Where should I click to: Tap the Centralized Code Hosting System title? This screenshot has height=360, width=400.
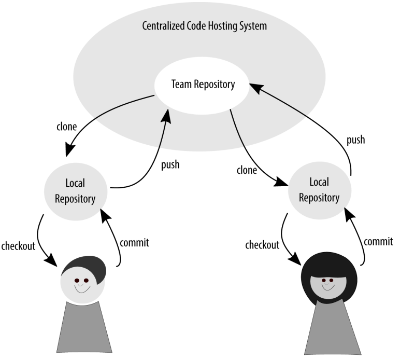[204, 26]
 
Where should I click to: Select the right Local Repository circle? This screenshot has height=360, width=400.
[319, 190]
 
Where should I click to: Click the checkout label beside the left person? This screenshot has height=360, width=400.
[18, 246]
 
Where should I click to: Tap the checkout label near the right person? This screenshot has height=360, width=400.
[262, 245]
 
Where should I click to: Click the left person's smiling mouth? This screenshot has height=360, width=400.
[80, 289]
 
